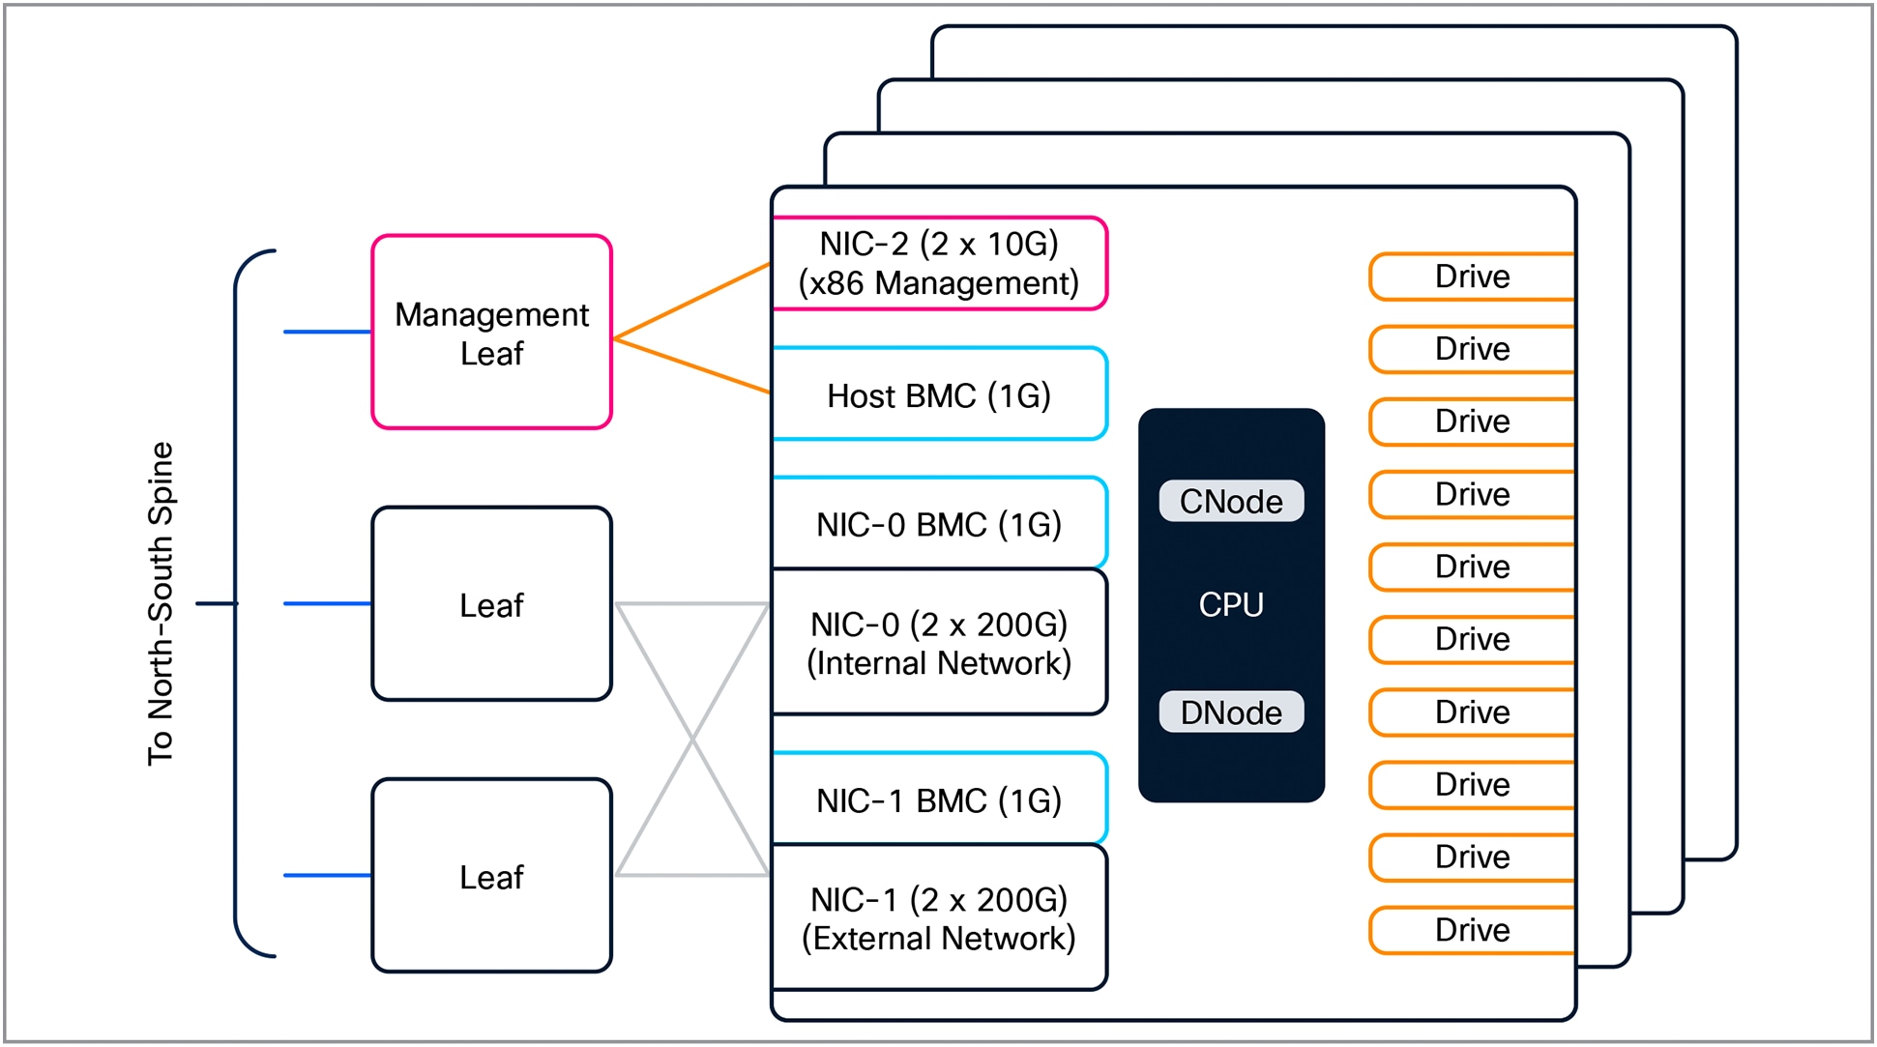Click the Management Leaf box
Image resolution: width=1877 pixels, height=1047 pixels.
[491, 333]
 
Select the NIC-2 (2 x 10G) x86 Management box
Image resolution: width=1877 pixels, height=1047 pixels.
[938, 263]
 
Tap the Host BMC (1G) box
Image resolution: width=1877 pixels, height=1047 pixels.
[938, 394]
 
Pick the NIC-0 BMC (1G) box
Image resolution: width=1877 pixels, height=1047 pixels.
[938, 524]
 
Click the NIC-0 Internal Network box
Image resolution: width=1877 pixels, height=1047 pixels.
[938, 643]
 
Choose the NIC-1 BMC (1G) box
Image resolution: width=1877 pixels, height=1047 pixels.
[938, 800]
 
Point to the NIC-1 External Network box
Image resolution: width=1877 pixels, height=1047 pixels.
[938, 918]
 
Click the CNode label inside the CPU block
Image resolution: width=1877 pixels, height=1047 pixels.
[1231, 501]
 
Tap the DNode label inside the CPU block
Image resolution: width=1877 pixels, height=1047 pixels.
[1231, 713]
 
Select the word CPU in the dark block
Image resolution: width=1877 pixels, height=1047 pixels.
[1231, 604]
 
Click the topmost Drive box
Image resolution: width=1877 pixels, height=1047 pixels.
[1472, 276]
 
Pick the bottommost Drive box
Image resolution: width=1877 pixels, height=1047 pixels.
[1472, 930]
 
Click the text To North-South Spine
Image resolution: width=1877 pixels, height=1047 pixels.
[161, 604]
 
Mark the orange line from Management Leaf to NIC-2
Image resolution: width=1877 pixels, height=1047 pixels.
[692, 301]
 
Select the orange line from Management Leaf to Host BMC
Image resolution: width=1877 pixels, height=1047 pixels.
[692, 365]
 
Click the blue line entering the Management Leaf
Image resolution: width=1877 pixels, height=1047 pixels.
[327, 332]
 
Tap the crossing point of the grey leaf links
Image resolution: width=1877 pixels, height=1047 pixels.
[692, 740]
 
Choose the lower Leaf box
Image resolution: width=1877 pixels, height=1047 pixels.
[491, 876]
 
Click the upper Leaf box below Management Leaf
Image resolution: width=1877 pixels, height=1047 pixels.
[491, 604]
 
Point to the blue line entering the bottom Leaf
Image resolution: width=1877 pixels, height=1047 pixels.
[327, 875]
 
